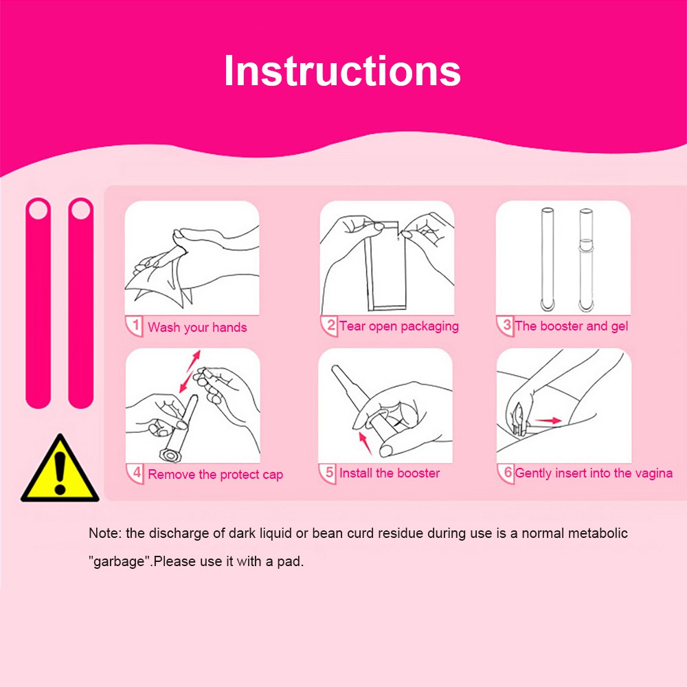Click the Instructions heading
point(342,71)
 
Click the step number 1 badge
point(135,326)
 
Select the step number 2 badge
point(330,326)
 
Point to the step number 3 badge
point(505,326)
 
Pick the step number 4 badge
point(135,473)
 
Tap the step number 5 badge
point(328,473)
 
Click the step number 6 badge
point(506,473)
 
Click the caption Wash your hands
point(197,327)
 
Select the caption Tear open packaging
point(399,326)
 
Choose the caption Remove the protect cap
point(216,475)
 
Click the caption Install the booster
point(390,473)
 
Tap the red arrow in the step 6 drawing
point(548,420)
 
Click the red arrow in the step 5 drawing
point(365,443)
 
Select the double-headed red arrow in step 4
point(190,372)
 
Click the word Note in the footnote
point(104,533)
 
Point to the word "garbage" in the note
point(119,561)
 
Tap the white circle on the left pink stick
point(38,210)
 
